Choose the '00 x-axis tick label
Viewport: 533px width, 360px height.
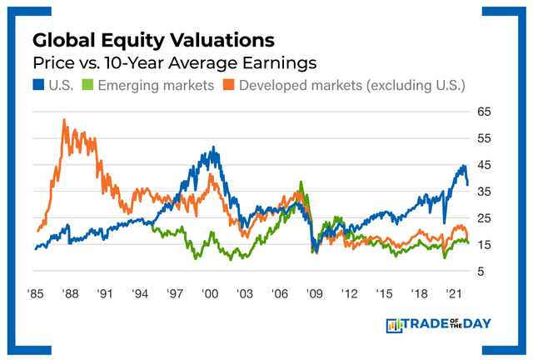point(210,294)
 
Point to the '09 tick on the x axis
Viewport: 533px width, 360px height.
point(314,294)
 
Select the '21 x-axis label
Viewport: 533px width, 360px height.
point(454,294)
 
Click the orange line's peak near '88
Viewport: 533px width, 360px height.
point(64,120)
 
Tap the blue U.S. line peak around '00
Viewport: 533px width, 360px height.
point(214,148)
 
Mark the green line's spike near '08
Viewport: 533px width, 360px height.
point(301,182)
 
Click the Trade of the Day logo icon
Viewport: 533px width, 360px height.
point(395,325)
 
